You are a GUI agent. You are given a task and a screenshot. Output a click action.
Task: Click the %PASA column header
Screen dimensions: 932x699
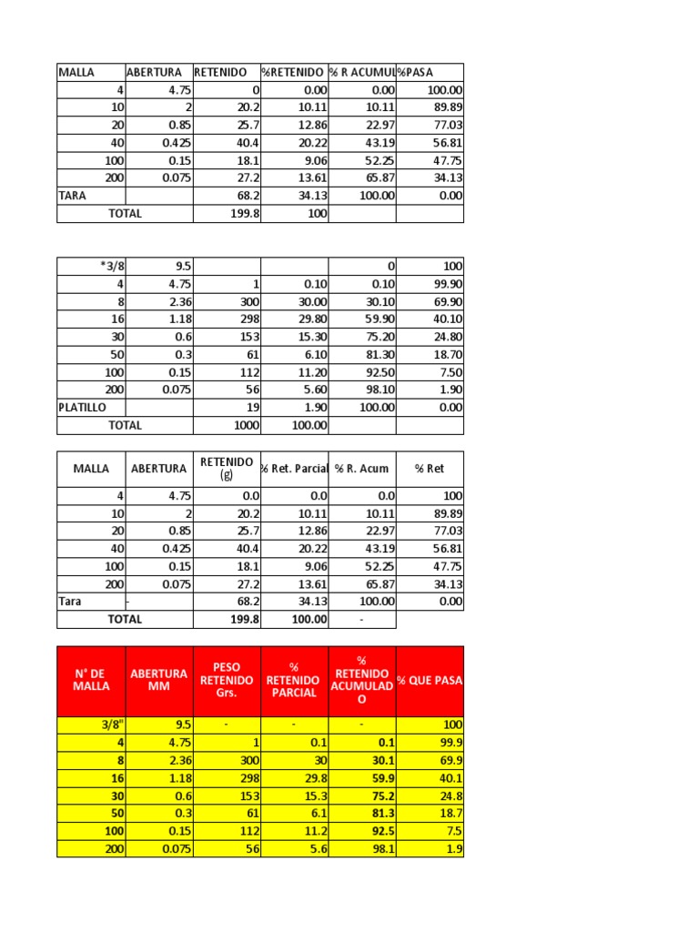point(416,72)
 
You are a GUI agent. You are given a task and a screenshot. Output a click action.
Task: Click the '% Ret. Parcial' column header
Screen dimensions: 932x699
point(294,469)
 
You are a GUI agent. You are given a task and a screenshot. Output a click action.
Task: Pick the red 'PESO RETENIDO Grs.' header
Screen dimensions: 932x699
point(227,681)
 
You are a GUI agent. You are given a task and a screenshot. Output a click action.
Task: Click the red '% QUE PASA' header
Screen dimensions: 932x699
point(430,681)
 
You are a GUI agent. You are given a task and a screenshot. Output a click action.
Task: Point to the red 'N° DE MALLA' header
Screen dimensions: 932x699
point(91,681)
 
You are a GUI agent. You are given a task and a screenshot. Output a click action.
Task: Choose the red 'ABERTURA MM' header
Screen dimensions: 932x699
point(159,681)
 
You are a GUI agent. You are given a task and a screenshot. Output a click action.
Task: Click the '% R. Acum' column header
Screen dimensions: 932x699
point(361,469)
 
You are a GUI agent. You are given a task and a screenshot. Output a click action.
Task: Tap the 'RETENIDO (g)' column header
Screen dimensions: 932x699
point(227,469)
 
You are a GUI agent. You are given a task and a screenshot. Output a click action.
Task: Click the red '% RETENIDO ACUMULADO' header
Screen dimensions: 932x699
point(362,681)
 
